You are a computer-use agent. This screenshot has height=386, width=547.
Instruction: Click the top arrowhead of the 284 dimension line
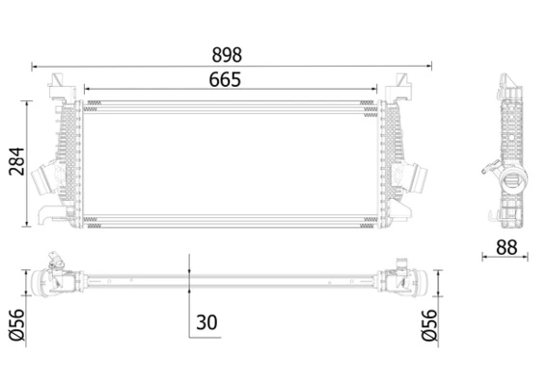coord(27,102)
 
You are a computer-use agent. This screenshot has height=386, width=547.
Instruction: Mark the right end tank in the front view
coord(393,159)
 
